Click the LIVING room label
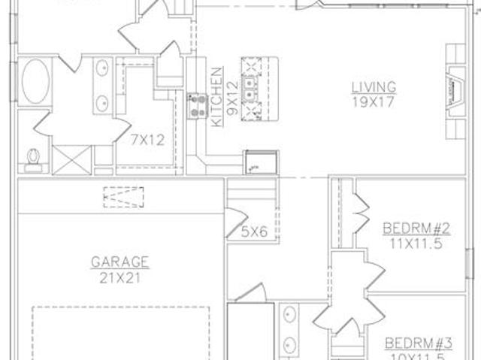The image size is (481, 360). click(x=374, y=86)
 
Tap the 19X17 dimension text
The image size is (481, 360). click(x=373, y=102)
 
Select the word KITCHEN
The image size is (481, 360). click(x=217, y=97)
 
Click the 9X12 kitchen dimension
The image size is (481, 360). click(x=233, y=98)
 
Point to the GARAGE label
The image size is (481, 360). click(x=120, y=262)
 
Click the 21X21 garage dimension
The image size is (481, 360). click(x=120, y=278)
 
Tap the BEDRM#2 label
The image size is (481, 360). click(x=416, y=228)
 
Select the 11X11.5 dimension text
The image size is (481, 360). click(x=416, y=244)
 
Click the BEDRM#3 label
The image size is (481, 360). click(x=419, y=343)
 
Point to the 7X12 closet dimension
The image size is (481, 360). click(x=148, y=140)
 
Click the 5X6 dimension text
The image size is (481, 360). click(x=254, y=231)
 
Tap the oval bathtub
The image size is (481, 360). click(x=35, y=81)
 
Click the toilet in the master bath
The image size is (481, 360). click(x=33, y=160)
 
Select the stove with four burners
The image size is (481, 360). click(x=198, y=107)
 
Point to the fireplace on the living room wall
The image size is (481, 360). click(x=455, y=92)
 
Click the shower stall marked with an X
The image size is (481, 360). click(x=72, y=160)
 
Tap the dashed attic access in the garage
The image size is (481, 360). click(x=123, y=197)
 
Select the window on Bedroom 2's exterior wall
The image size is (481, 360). click(x=469, y=264)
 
